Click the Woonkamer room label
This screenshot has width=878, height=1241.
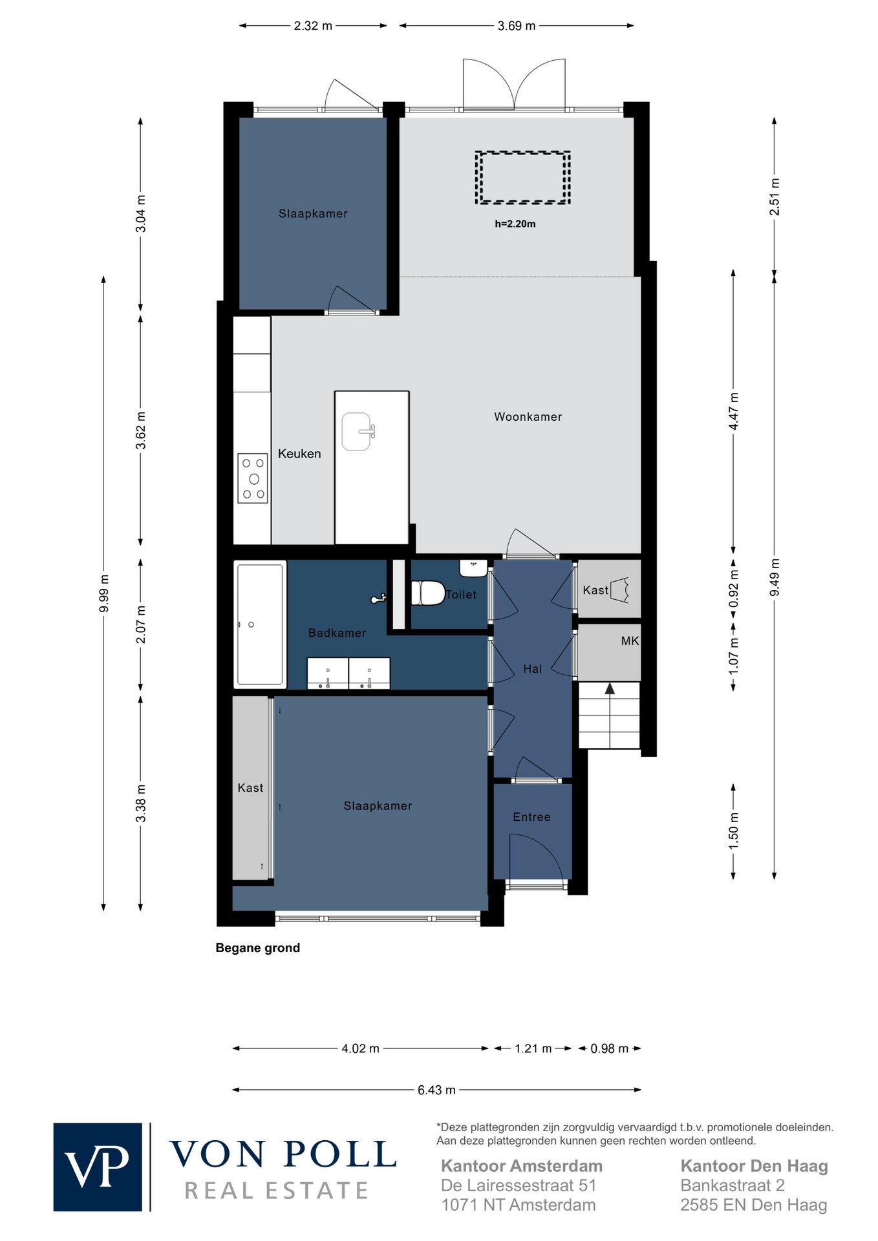coord(528,417)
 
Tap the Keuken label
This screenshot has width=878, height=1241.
coord(299,454)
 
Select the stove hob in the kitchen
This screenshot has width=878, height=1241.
coord(253,478)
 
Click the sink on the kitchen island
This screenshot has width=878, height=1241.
coord(358,431)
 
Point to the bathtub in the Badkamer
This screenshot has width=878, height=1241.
coord(260,624)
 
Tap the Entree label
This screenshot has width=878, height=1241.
coord(531,817)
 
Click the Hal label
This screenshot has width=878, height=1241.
coord(532,669)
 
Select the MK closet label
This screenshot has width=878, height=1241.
coord(630,641)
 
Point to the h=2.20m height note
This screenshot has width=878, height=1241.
coord(515,224)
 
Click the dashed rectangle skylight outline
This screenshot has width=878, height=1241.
coord(523,153)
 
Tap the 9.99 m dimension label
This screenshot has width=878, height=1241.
coord(103,593)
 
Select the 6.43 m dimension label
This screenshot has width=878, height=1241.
coord(436,1090)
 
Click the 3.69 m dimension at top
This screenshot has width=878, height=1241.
coord(517,26)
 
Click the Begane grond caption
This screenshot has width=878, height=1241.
coord(257,948)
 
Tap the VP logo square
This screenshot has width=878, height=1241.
coord(98,1167)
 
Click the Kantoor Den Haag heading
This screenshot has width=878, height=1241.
coord(754,1166)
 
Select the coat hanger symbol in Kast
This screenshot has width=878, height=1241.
coord(619,589)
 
